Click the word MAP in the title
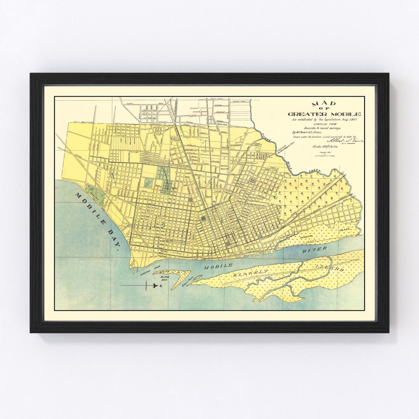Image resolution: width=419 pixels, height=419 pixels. click(324, 104)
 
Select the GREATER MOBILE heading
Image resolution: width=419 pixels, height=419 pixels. click(324, 114)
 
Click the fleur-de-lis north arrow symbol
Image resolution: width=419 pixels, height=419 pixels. click(153, 286)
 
